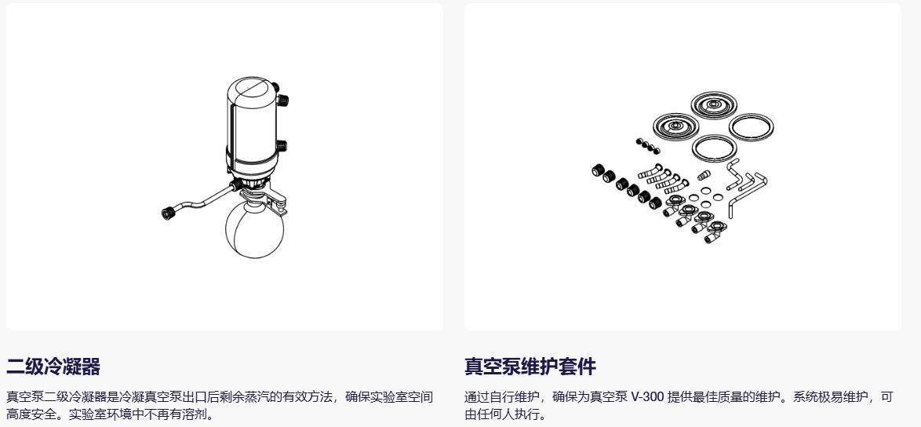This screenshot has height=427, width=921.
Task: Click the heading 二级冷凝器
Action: (x=53, y=367)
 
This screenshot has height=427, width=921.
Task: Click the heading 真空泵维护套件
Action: (x=530, y=367)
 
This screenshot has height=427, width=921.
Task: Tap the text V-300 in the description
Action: (x=648, y=397)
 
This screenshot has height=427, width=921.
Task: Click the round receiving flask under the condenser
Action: (x=254, y=230)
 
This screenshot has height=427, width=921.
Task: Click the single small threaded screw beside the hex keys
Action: (x=704, y=174)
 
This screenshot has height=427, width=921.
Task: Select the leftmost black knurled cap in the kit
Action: (x=598, y=171)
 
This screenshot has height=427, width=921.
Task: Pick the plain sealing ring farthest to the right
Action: (x=752, y=126)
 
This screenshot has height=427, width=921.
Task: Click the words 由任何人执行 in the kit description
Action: (x=500, y=414)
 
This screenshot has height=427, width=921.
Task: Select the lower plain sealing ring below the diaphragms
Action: (x=715, y=148)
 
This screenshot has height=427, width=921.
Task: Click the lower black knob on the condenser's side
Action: (x=282, y=146)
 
